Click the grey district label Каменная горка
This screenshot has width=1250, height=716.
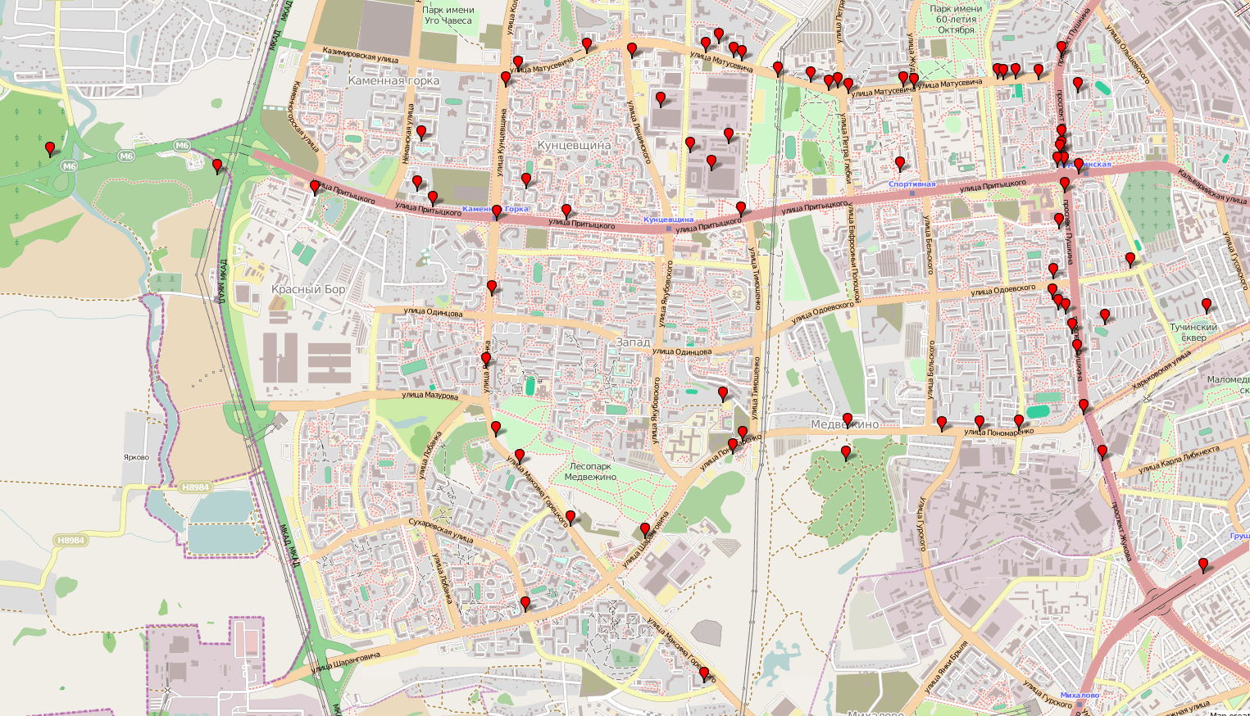tap(393, 81)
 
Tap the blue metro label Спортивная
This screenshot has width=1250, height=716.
tap(911, 184)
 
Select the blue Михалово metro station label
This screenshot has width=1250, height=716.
tap(1080, 696)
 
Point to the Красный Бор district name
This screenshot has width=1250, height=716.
tap(308, 289)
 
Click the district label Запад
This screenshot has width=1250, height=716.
tap(632, 342)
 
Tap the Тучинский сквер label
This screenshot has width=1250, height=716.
tap(1193, 332)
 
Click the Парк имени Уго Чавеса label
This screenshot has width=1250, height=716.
tap(448, 15)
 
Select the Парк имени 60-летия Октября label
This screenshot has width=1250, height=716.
tap(956, 20)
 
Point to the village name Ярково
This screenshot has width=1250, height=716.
tap(136, 457)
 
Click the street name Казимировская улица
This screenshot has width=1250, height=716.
tap(361, 55)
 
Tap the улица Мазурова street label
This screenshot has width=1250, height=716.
tap(430, 396)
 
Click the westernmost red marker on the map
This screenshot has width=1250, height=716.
tap(50, 149)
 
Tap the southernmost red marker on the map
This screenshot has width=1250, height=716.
tap(703, 673)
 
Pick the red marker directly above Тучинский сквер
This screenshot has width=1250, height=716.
tap(1206, 306)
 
